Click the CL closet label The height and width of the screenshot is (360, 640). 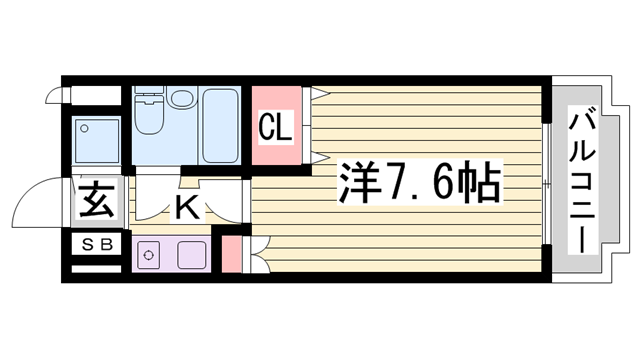pyautogui.click(x=275, y=127)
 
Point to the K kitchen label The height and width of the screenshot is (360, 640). pyautogui.click(x=186, y=208)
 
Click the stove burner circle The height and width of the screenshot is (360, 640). pyautogui.click(x=148, y=255)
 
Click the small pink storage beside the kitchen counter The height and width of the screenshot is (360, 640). pyautogui.click(x=231, y=254)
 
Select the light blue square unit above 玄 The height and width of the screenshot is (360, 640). pyautogui.click(x=96, y=141)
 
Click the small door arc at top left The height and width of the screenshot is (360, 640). pyautogui.click(x=59, y=98)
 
